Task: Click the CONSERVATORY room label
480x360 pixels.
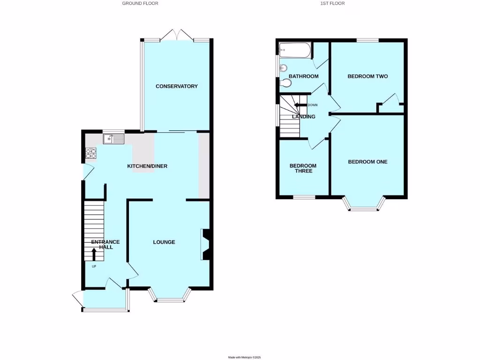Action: pos(177,86)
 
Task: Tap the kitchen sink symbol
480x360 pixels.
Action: pos(113,139)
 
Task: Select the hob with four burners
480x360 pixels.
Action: pos(90,153)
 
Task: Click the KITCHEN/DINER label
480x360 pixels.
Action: pos(147,166)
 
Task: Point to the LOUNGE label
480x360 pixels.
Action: pos(164,242)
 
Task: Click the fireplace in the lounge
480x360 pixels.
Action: pos(205,244)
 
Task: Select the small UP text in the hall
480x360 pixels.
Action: pos(94,267)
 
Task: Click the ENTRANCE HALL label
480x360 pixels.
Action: pos(105,245)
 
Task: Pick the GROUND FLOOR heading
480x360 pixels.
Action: pos(140,3)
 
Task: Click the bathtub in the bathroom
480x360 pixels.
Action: pos(294,50)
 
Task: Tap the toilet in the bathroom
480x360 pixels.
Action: pos(285,83)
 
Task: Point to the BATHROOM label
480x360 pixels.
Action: pos(303,76)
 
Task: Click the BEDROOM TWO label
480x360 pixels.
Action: pos(367,76)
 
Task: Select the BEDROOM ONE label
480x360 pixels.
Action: pos(367,162)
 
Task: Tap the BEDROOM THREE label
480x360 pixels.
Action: pos(303,168)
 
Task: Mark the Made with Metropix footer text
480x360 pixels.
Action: pos(244,357)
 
